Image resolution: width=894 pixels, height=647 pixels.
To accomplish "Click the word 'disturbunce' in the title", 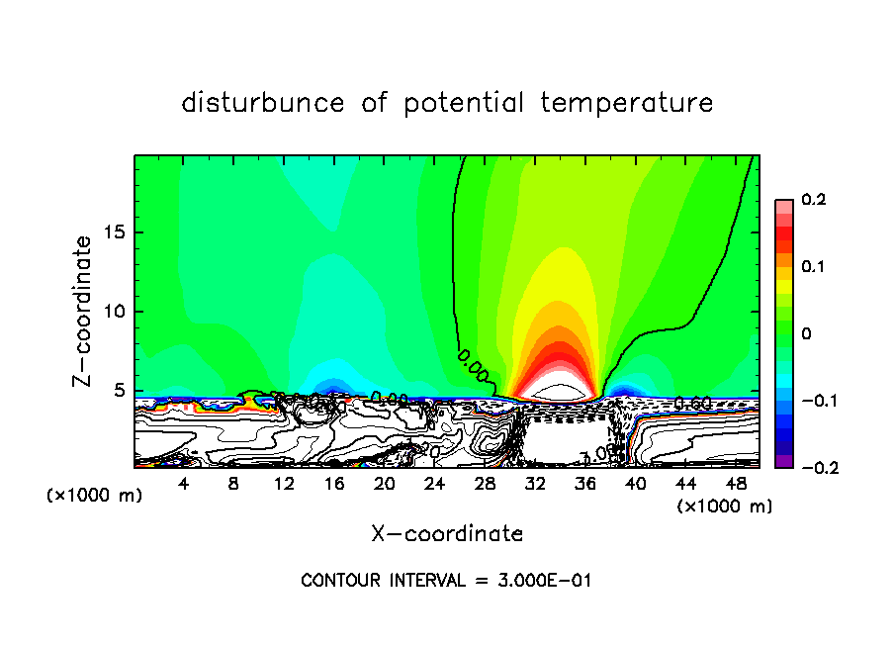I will click(x=263, y=103).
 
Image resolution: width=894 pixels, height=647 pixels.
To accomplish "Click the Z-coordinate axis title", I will click(x=83, y=311).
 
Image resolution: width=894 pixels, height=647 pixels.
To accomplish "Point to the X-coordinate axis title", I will click(x=447, y=534).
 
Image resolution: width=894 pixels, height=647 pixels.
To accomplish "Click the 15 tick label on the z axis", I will click(x=115, y=232).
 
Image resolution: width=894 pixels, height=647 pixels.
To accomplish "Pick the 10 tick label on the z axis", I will click(x=115, y=312).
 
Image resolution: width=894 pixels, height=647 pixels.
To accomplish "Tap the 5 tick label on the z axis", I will click(x=120, y=390).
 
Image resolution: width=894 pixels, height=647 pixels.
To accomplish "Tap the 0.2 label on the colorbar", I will click(x=813, y=201).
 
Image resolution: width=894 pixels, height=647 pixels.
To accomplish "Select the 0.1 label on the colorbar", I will click(x=813, y=267).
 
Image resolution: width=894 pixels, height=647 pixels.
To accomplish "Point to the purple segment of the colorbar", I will click(x=783, y=461).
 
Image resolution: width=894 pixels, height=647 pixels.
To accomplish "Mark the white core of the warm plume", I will click(x=560, y=393).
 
